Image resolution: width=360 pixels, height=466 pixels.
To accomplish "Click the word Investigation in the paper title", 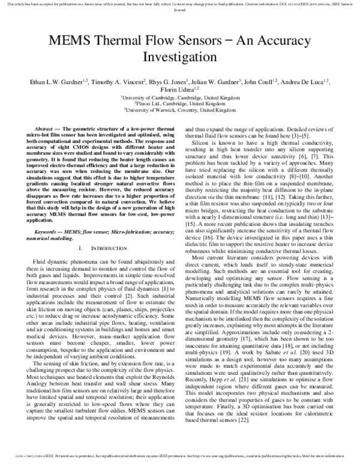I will [180, 58].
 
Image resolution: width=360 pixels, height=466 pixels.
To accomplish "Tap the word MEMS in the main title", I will [68, 40].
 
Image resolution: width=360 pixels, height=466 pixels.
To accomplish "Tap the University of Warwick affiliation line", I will [180, 110].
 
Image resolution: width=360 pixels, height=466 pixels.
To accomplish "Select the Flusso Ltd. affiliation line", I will [180, 103].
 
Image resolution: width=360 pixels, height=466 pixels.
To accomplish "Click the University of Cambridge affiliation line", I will [180, 96].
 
